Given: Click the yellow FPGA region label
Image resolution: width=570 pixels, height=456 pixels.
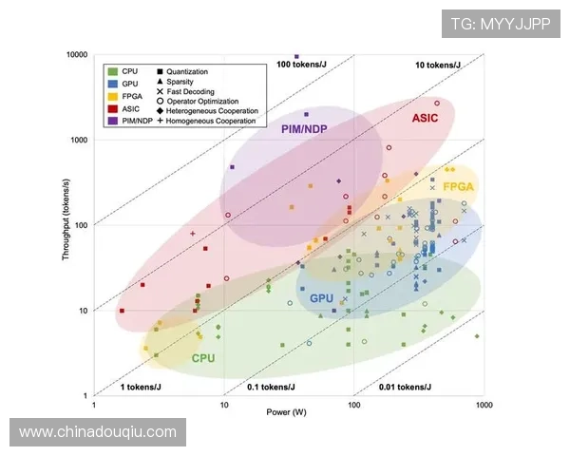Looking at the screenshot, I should pos(458,187).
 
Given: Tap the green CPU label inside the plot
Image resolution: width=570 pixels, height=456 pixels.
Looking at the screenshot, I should pos(203,358).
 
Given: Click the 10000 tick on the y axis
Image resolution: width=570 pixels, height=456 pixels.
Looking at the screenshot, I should pos(75,55).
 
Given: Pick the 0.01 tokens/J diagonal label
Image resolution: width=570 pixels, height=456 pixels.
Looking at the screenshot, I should pos(406,387).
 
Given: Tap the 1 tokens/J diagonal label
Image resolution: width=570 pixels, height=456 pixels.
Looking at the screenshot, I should pos(143,387).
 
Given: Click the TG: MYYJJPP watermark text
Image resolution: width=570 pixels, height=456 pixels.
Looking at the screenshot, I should pos(500,23).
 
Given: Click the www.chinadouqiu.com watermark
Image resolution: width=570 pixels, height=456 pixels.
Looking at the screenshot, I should pos(98,432).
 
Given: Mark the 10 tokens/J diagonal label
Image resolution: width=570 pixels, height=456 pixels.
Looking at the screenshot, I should pos(438,65).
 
